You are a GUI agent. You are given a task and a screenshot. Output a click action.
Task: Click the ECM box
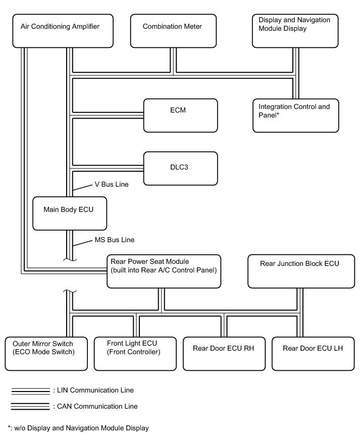pos(181,115)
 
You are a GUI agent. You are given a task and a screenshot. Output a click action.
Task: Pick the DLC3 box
pos(181,168)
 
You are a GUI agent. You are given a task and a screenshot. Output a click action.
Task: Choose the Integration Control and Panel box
pos(295,116)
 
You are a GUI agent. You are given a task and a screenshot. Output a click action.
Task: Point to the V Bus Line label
pos(112,185)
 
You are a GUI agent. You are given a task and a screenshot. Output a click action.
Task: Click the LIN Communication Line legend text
pos(93,390)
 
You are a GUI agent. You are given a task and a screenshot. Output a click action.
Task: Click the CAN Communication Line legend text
pos(95,406)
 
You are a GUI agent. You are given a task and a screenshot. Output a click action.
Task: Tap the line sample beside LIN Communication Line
pos(30,391)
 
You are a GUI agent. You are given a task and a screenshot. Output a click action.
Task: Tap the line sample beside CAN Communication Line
pos(30,407)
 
